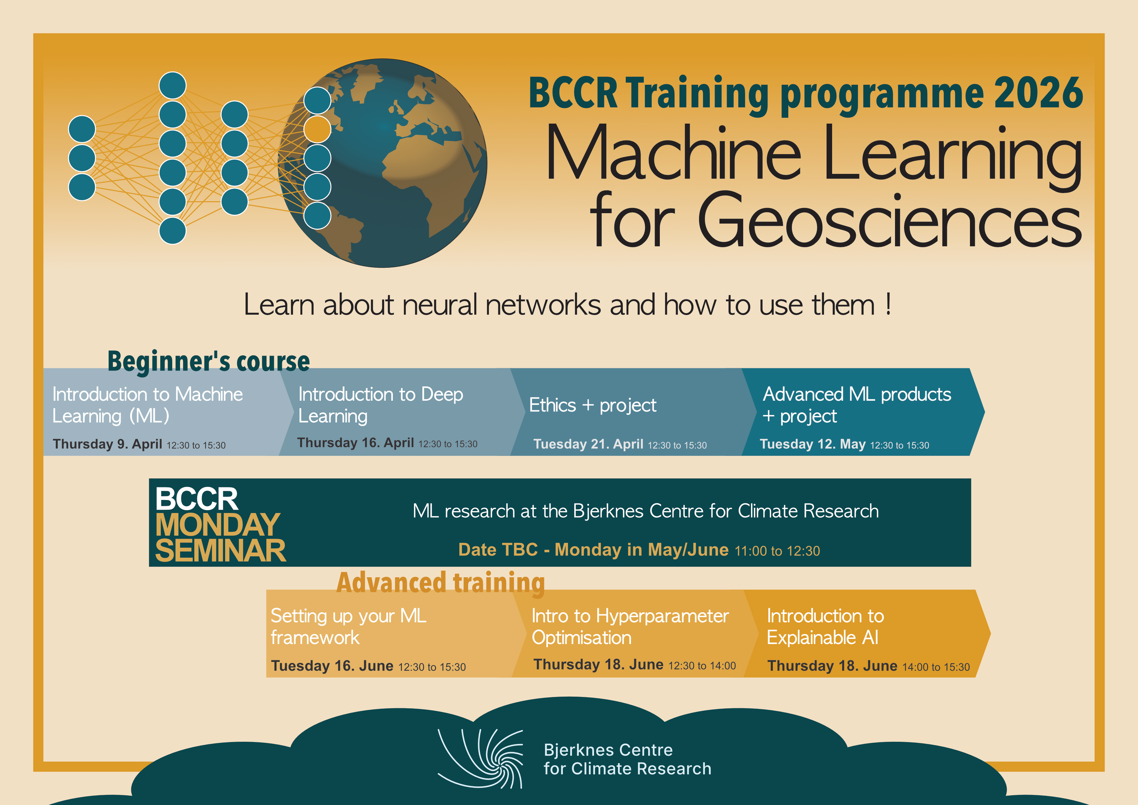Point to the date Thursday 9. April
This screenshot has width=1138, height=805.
(x=108, y=444)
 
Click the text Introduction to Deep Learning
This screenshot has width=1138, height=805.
(x=381, y=405)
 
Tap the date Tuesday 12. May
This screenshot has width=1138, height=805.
(x=813, y=444)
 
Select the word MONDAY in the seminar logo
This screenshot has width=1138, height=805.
(x=218, y=525)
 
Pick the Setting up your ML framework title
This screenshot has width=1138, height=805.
(x=348, y=627)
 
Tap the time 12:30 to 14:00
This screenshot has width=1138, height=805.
(x=702, y=666)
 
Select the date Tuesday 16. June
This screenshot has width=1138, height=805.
(x=332, y=666)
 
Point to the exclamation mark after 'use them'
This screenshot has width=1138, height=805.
(x=888, y=304)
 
